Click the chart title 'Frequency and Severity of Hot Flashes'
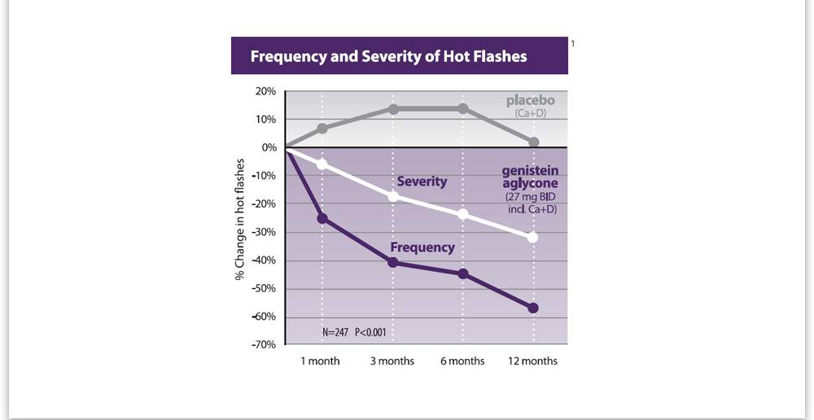388,57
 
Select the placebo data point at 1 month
322,129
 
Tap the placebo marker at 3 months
393,109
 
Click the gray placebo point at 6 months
463,109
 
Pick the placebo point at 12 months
533,142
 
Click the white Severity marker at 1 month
322,164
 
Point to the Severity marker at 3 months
393,196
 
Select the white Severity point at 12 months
533,238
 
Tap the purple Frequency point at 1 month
322,218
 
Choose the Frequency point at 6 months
463,273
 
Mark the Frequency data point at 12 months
533,308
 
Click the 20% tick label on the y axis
265,91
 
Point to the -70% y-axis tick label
263,345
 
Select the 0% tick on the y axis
269,147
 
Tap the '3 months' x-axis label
393,361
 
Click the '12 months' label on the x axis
533,361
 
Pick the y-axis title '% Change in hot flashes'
240,218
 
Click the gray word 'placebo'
530,101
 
